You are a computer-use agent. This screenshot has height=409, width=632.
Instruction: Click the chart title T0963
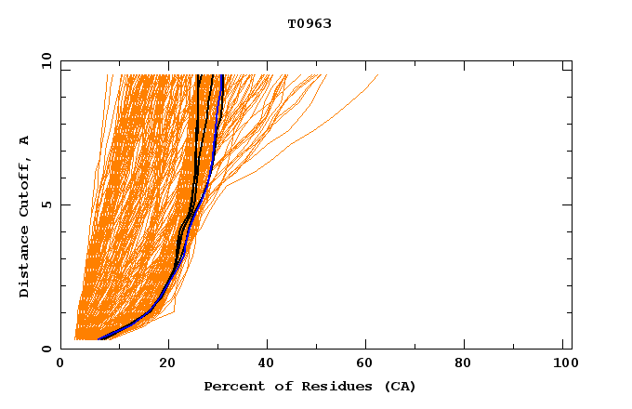tap(309, 23)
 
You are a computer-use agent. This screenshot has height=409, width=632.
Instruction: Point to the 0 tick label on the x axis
tap(60, 364)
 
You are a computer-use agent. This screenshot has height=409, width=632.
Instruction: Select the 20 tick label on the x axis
tap(167, 364)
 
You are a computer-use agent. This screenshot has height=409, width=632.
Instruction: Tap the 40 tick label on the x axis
tap(269, 364)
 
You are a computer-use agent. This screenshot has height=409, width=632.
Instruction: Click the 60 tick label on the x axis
tap(369, 364)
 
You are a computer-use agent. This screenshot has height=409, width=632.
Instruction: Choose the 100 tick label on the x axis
tap(564, 364)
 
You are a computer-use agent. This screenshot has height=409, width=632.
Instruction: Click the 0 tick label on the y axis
tap(46, 350)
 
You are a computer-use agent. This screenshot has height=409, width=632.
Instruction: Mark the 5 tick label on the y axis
tap(46, 204)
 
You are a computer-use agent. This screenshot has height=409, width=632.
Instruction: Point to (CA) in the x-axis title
tap(397, 386)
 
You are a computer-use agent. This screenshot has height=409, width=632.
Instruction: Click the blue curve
tap(215, 139)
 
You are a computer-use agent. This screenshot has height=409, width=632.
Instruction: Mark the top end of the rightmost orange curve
tap(378, 75)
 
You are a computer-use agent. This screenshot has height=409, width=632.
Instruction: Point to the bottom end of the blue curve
tap(99, 339)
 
